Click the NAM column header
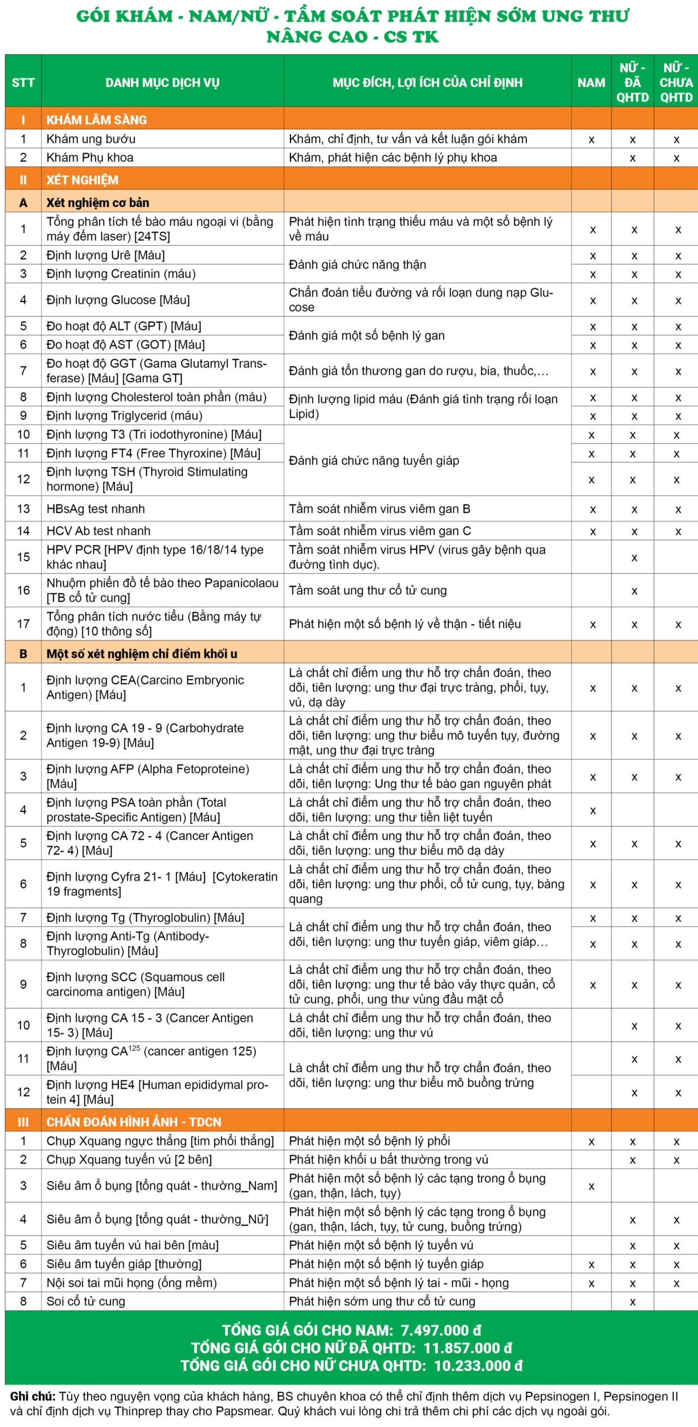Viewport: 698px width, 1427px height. [591, 82]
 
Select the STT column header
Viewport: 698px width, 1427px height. [23, 82]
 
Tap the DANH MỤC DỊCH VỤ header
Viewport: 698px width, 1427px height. [162, 82]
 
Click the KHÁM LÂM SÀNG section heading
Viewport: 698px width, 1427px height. [96, 120]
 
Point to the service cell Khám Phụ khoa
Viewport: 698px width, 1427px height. [90, 158]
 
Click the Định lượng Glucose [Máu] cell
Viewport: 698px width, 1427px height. [118, 300]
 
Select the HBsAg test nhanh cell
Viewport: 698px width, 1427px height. [95, 509]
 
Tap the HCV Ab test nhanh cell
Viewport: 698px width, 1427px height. [98, 531]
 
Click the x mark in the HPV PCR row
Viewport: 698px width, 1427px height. [634, 557]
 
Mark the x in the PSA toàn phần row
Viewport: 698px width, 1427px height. [592, 810]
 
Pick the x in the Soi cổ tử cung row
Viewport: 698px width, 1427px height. [633, 1302]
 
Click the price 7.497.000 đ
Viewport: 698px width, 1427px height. [440, 1331]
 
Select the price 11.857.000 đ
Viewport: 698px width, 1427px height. [467, 1348]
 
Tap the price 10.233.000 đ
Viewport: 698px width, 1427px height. [478, 1366]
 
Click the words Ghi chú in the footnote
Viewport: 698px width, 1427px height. [32, 1396]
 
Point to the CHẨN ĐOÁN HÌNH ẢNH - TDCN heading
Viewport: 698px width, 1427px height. [134, 1122]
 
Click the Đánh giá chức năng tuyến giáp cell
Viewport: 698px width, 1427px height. [374, 460]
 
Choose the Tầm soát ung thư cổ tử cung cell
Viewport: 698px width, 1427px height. [367, 590]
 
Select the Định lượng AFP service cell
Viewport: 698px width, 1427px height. [147, 776]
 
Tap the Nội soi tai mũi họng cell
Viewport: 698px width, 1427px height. [131, 1283]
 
